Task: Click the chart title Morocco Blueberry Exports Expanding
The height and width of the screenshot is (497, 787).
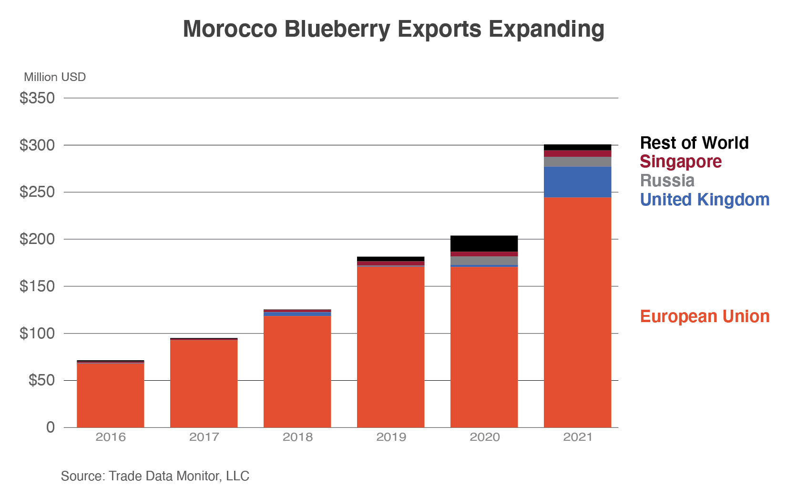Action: coord(394,30)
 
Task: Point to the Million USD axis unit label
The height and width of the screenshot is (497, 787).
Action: coord(55,77)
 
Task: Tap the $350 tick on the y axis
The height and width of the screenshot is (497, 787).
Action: coord(37,98)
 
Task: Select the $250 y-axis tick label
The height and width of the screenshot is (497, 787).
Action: coord(37,192)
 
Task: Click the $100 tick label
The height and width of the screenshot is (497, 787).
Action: coord(37,334)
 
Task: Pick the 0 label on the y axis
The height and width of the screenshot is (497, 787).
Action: coord(51,427)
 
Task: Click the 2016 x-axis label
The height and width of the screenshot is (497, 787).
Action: coord(111,437)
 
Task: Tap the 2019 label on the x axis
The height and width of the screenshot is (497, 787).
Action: coord(391,437)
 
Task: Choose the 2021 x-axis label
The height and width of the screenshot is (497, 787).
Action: coord(578,437)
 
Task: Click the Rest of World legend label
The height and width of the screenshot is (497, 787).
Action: coord(694,143)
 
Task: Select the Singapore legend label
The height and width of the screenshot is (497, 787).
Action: coord(680,162)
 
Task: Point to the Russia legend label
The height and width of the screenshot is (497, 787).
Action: coord(667,181)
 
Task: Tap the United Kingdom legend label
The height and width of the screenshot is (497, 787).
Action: coord(705,200)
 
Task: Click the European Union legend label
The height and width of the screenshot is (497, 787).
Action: coord(705,316)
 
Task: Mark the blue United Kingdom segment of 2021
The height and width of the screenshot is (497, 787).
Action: coord(577,182)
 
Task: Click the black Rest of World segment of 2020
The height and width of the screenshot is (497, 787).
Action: coord(484,243)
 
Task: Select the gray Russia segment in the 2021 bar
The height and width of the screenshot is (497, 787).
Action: coord(577,162)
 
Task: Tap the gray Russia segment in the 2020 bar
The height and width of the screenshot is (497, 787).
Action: coord(484,261)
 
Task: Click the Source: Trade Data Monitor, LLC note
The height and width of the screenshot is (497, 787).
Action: coord(155,476)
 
